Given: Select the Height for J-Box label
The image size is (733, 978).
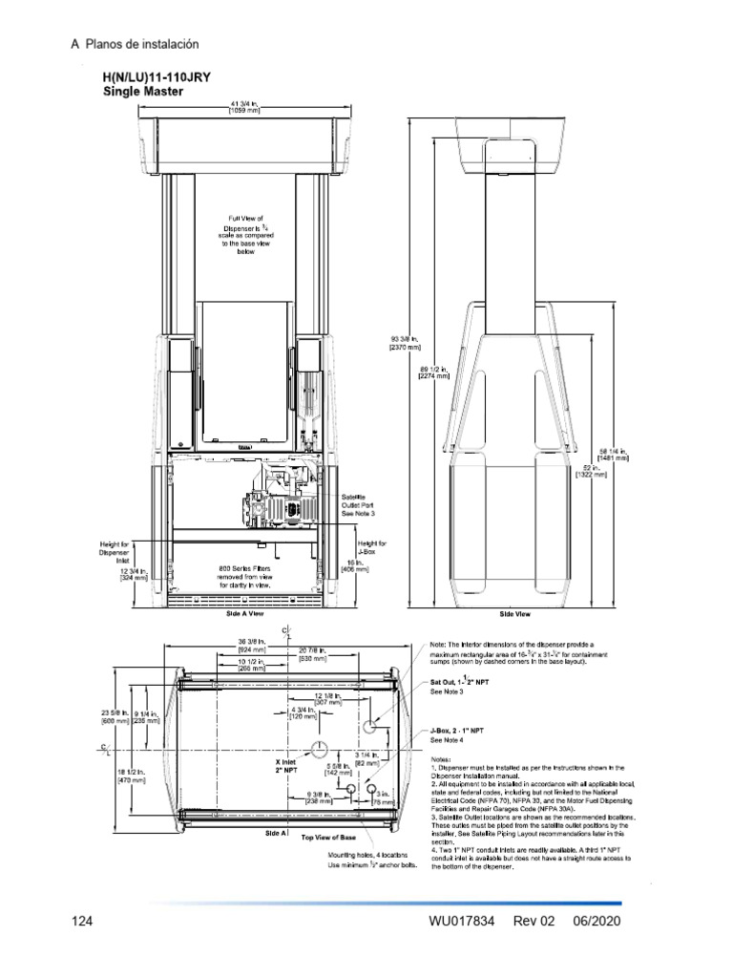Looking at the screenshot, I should (x=371, y=547).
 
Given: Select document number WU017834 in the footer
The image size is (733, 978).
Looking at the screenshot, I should (x=462, y=923).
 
